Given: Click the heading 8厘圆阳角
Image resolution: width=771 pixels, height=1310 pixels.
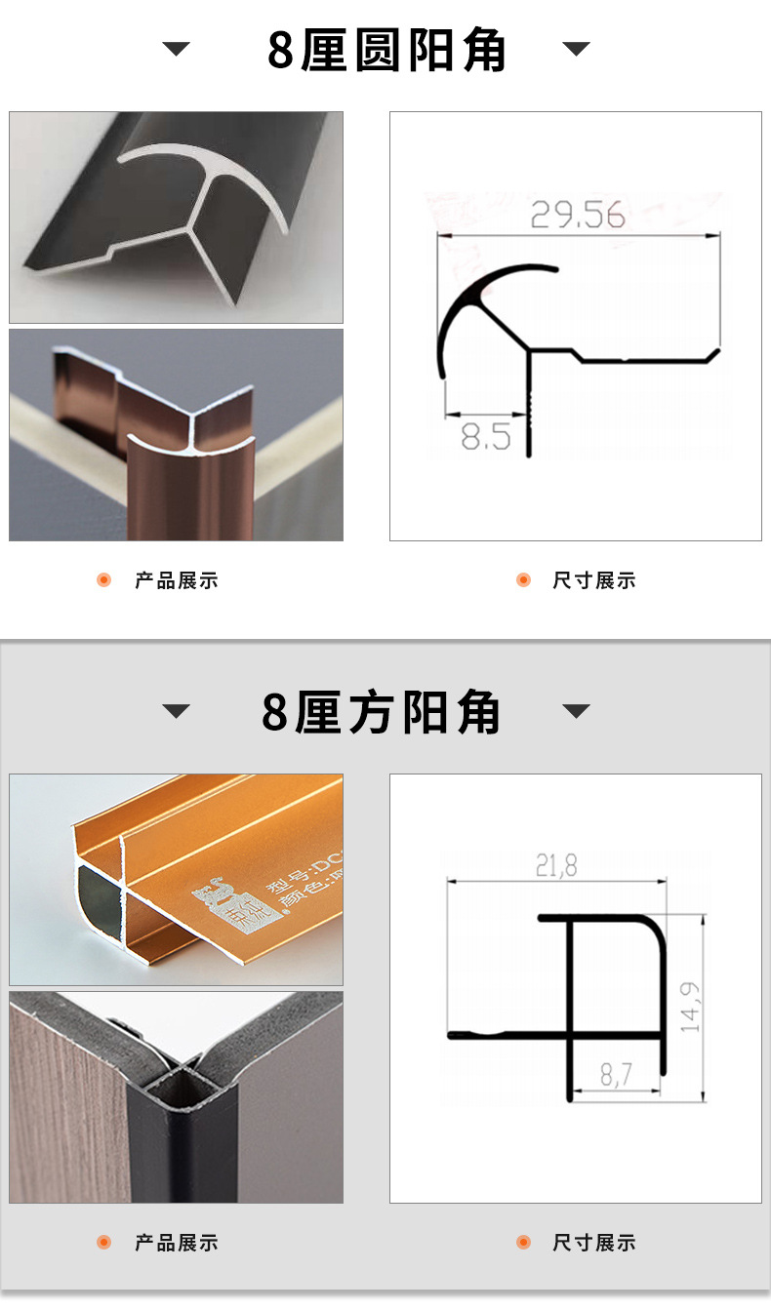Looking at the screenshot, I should [x=386, y=51].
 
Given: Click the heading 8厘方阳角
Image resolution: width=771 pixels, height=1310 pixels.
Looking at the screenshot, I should [x=382, y=713].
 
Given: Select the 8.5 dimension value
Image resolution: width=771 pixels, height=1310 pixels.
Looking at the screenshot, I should [x=485, y=436].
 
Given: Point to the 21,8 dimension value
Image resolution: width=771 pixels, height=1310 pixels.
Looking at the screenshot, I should [x=556, y=865].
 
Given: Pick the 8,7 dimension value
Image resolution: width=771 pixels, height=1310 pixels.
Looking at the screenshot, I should [x=616, y=1076].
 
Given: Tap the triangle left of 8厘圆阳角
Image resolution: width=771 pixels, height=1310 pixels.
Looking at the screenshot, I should [x=177, y=49].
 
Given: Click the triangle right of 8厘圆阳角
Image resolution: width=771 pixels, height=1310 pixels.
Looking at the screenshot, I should [x=577, y=49].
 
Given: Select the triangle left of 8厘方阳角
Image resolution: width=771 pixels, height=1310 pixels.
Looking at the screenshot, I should [x=177, y=711].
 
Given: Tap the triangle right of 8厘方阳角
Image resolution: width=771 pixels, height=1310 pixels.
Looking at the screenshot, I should [x=577, y=711].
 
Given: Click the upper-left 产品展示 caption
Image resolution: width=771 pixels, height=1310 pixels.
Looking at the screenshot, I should [x=177, y=581].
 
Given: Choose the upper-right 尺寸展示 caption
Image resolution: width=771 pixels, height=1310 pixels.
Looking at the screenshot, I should [x=593, y=581].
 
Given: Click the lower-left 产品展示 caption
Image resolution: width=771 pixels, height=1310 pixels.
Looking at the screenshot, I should [x=177, y=1243].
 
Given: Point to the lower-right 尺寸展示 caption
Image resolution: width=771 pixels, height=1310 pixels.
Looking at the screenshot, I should [x=593, y=1243].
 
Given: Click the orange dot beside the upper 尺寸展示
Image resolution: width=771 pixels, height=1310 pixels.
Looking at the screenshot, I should [x=523, y=580].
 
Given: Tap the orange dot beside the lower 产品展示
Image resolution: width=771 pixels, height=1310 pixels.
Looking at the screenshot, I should [x=104, y=1242].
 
